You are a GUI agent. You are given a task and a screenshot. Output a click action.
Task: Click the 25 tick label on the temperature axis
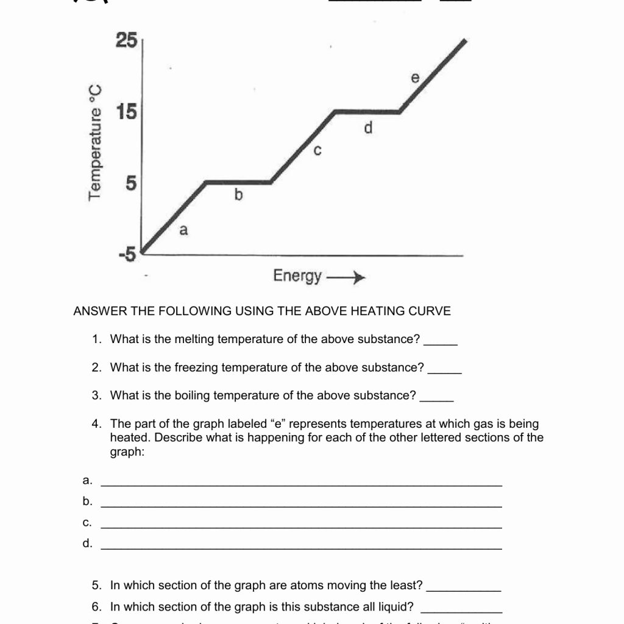(126, 40)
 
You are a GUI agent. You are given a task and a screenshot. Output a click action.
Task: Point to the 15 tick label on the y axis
(126, 112)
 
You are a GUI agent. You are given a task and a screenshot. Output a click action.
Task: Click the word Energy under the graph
(297, 276)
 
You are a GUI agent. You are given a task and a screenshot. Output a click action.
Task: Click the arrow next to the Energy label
(346, 278)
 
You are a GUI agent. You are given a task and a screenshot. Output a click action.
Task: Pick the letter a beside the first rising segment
(183, 230)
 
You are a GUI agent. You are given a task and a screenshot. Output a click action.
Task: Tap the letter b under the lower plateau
(238, 195)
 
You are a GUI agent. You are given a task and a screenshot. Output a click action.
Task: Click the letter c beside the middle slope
(317, 150)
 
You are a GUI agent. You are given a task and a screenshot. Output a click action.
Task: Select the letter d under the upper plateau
(367, 129)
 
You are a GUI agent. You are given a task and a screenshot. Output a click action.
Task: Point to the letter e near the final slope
(416, 78)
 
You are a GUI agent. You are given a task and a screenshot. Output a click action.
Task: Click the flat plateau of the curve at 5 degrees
(238, 182)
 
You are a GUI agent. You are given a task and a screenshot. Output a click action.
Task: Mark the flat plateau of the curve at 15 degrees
(367, 112)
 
